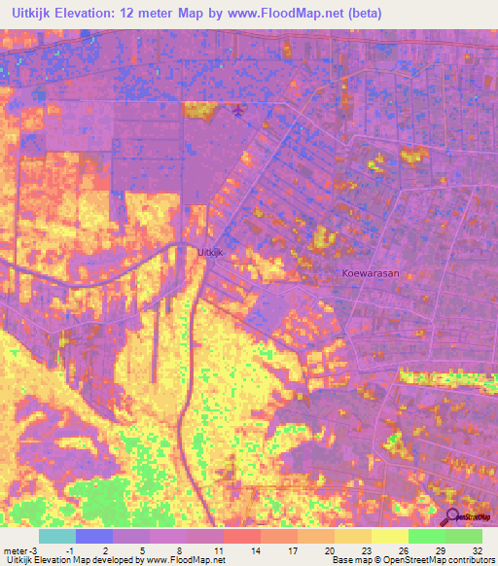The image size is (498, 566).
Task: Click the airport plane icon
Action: click(239, 113)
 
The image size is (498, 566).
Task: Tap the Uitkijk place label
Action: click(210, 252)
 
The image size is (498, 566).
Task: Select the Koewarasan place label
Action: click(371, 273)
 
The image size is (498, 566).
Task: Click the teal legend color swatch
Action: click(57, 536)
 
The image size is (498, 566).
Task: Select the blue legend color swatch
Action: click(94, 536)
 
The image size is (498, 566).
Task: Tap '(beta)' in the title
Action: click(360, 14)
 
